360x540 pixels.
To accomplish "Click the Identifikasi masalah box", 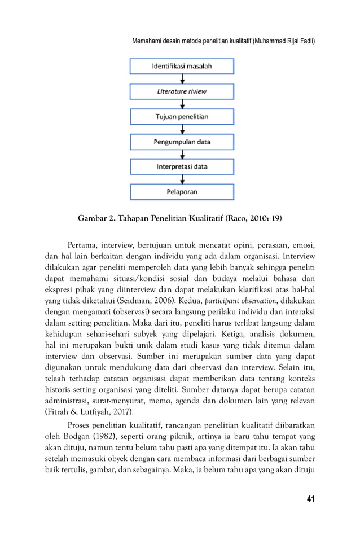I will [x=182, y=66].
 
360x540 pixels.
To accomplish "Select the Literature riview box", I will [x=182, y=91].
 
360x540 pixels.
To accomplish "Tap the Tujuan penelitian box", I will [x=182, y=117].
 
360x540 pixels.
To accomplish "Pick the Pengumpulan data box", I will [x=182, y=142].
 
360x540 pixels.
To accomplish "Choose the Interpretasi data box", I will [x=182, y=167].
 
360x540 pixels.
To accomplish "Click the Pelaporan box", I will [x=182, y=192].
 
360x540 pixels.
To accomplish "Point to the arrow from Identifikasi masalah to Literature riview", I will [x=182, y=79].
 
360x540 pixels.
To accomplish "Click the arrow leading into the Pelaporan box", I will [x=182, y=179].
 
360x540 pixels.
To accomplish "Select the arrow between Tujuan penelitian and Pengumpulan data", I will [x=182, y=129].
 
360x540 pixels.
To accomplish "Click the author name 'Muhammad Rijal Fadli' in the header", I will [x=284, y=42].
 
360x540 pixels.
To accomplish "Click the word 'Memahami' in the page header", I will [x=148, y=42].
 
